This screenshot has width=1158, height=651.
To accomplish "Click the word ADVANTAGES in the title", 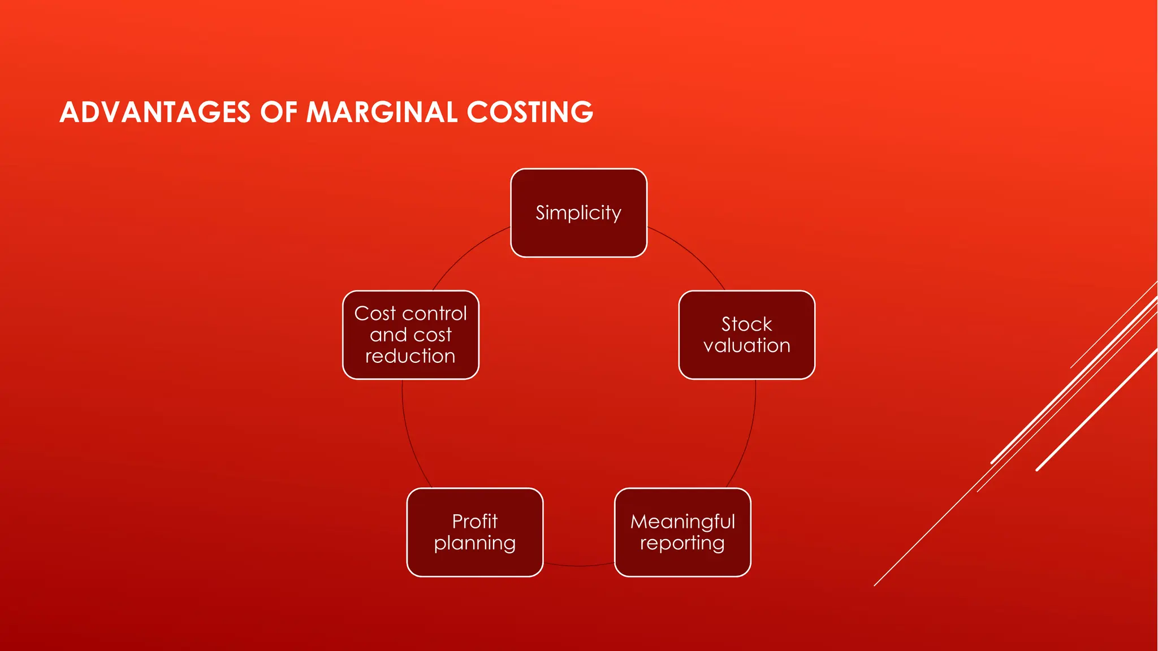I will pyautogui.click(x=155, y=112).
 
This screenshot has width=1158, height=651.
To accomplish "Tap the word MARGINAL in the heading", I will pyautogui.click(x=382, y=112).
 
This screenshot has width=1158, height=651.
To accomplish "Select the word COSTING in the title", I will pyautogui.click(x=530, y=112).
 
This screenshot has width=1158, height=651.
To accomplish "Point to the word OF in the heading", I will pyautogui.click(x=278, y=112).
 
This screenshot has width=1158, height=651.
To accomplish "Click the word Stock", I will pyautogui.click(x=746, y=324).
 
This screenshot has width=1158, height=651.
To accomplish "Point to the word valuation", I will pyautogui.click(x=746, y=345).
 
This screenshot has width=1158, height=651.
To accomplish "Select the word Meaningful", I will pyautogui.click(x=682, y=522).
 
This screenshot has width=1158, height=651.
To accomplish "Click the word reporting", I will pyautogui.click(x=682, y=543).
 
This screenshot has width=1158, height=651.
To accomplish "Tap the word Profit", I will pyautogui.click(x=475, y=521).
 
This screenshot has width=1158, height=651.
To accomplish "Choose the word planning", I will pyautogui.click(x=475, y=543).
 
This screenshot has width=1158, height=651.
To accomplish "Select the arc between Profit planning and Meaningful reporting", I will pyautogui.click(x=578, y=565).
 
